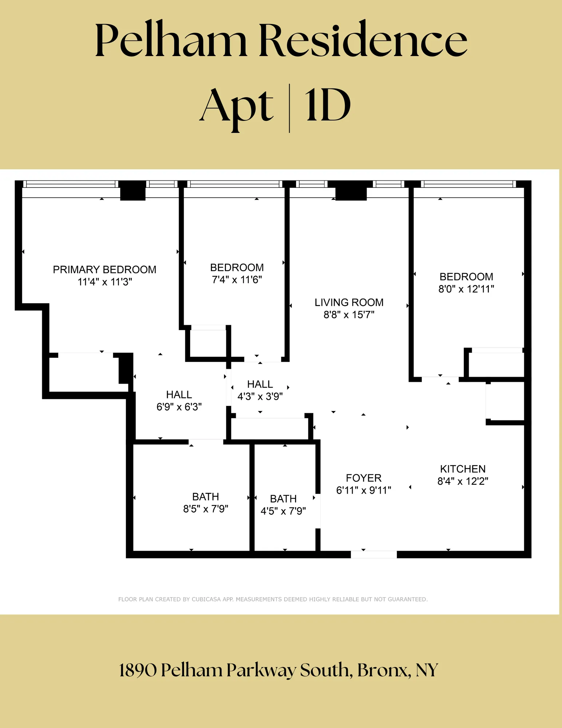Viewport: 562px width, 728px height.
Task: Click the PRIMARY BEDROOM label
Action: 104,270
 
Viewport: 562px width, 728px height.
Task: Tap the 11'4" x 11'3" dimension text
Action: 104,282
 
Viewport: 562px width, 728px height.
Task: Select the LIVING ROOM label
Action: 349,302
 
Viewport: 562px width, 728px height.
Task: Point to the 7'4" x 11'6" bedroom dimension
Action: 237,280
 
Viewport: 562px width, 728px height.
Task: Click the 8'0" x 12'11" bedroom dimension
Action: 466,289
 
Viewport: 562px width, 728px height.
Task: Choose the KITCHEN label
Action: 463,469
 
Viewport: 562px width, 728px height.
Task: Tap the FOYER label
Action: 363,478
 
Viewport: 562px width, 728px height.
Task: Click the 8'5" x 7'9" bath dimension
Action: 206,509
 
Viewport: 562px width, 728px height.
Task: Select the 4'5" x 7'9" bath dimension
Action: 283,511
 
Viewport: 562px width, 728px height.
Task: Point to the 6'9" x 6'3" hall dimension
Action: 179,407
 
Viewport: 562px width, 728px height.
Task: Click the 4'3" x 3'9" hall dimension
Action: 260,396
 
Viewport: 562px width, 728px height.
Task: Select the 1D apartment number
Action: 328,106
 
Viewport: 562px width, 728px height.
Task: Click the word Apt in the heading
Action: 236,107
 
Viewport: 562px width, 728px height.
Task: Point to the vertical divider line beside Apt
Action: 289,108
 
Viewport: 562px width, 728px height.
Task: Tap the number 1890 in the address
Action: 138,670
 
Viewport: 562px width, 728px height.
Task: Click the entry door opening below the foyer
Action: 374,554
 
